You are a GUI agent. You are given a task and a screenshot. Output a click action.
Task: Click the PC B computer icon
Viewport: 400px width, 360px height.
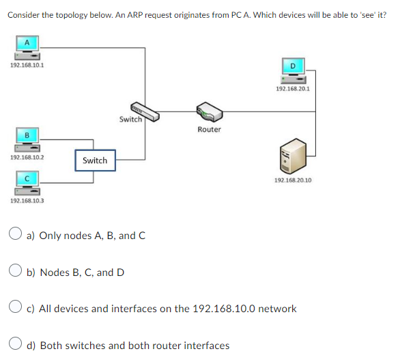pyautogui.click(x=27, y=139)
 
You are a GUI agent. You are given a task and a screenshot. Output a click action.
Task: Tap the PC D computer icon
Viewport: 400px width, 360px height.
pyautogui.click(x=294, y=70)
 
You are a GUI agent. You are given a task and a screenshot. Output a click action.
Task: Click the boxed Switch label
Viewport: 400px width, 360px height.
pyautogui.click(x=95, y=161)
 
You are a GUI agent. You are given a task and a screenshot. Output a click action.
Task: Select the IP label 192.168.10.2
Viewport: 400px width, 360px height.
pyautogui.click(x=27, y=157)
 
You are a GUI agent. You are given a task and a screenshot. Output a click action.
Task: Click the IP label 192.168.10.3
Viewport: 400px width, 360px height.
pyautogui.click(x=27, y=201)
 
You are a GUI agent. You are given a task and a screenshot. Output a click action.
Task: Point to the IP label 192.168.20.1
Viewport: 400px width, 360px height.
pyautogui.click(x=292, y=89)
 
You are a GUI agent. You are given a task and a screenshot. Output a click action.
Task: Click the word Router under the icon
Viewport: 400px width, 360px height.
pyautogui.click(x=209, y=129)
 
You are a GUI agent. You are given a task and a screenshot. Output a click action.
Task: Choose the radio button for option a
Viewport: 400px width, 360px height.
pyautogui.click(x=18, y=236)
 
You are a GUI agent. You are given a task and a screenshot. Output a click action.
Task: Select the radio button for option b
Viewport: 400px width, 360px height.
pyautogui.click(x=18, y=272)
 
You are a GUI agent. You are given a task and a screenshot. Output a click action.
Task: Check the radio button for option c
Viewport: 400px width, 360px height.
pyautogui.click(x=18, y=309)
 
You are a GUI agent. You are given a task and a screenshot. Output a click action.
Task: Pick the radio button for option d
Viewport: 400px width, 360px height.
pyautogui.click(x=18, y=345)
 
